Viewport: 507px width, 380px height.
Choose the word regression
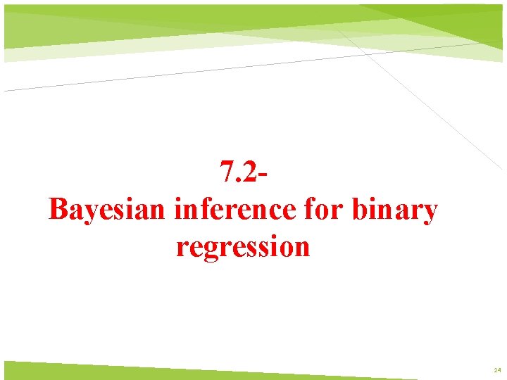point(243,247)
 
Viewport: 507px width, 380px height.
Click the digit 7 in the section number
point(227,171)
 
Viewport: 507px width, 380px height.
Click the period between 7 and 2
point(239,179)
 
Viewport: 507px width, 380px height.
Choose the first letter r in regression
point(181,248)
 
